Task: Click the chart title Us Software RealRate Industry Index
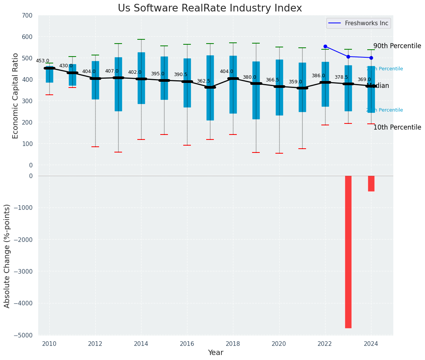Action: pyautogui.click(x=210, y=8)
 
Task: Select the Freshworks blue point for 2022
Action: pyautogui.click(x=325, y=46)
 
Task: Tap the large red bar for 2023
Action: pyautogui.click(x=348, y=251)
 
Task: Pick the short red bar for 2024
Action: pyautogui.click(x=371, y=183)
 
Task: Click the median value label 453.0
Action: pyautogui.click(x=42, y=61)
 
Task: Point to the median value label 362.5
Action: pyautogui.click(x=203, y=81)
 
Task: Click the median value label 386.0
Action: pyautogui.click(x=318, y=76)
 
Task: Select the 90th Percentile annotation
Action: pyautogui.click(x=397, y=46)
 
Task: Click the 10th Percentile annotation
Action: pyautogui.click(x=397, y=127)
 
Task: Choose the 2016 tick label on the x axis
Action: pyautogui.click(x=187, y=344)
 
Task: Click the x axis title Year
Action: pyautogui.click(x=215, y=353)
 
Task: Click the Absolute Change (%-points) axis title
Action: pyautogui.click(x=7, y=256)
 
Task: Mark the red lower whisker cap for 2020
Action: pyautogui.click(x=279, y=153)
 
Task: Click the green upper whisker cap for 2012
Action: pyautogui.click(x=95, y=55)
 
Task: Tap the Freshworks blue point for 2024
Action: pyautogui.click(x=371, y=58)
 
